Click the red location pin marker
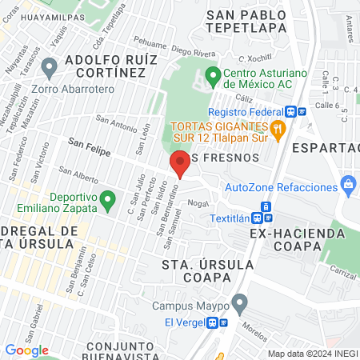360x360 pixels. (179, 165)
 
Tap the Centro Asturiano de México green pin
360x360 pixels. (213, 78)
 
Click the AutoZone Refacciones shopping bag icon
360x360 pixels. (347, 186)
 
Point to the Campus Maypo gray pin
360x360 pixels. (238, 304)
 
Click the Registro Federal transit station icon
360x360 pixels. (294, 113)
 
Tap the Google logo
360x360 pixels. (26, 350)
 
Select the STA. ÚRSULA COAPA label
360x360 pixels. (207, 270)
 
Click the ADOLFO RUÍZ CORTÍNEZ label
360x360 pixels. (104, 66)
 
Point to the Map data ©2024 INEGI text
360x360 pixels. (312, 354)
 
